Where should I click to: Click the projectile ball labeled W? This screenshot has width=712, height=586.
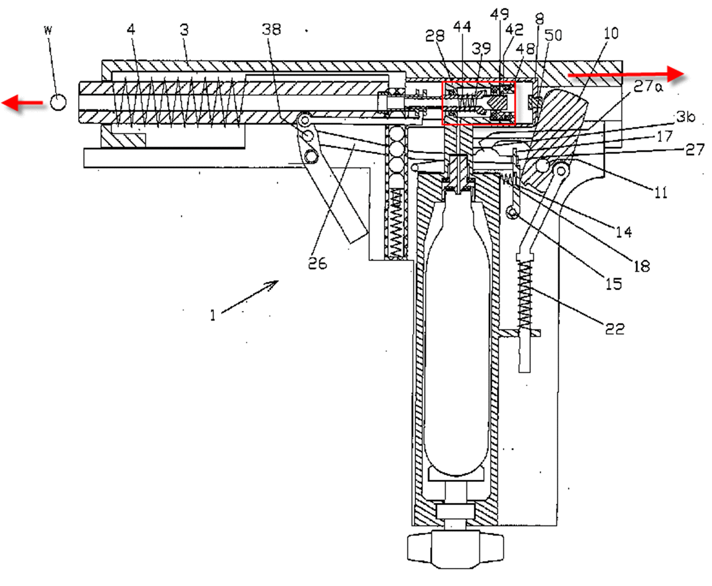pos(58,102)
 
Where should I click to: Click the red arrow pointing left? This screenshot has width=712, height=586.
pos(23,103)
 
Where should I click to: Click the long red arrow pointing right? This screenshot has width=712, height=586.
pos(626,74)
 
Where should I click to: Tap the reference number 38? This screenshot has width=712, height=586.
pos(272,29)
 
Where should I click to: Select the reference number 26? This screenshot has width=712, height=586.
pos(318,263)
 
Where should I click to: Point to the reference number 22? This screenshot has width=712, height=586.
pos(615,329)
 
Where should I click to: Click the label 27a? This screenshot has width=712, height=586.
pos(648,86)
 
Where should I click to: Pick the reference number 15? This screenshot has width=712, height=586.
pos(614,284)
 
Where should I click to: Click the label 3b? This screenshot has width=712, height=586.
pos(686,117)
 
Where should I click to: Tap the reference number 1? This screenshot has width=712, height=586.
pos(213,315)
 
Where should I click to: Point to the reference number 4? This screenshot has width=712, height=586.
pos(131,29)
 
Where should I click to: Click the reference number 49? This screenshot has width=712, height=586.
pos(500,14)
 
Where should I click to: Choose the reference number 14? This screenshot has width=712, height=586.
pos(624,232)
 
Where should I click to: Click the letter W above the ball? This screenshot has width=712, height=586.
pos(48,30)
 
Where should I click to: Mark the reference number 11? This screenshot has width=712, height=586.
pos(660,193)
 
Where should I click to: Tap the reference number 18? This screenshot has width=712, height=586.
pos(642,266)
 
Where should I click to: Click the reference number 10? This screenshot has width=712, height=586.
pos(611,33)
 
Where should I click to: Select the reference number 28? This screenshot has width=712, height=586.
pos(435,36)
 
